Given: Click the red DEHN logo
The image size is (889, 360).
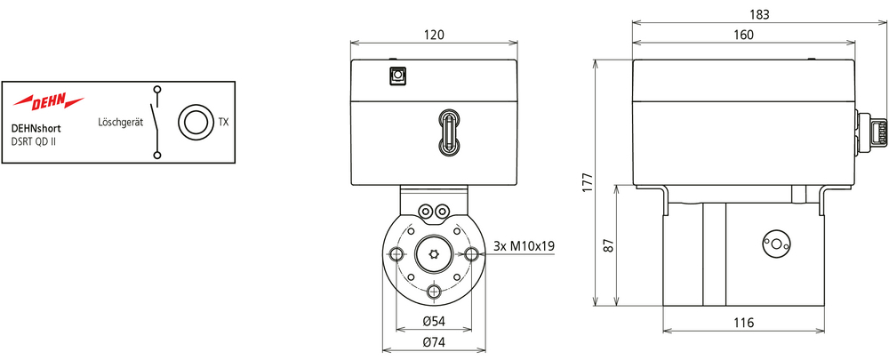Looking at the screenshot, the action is (x=48, y=101).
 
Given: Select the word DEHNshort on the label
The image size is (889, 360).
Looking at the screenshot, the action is (x=36, y=129).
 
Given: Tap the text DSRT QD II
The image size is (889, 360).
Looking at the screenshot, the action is (x=34, y=140).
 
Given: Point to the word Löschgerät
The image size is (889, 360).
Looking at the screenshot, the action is (x=120, y=123).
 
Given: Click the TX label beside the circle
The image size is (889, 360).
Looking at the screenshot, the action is (x=223, y=122).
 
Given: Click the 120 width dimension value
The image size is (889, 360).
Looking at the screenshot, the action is (x=434, y=35).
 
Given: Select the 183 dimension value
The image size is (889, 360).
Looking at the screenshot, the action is (x=759, y=13).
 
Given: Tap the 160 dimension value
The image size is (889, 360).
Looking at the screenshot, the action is (x=742, y=35).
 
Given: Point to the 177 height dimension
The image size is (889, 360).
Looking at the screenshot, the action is (x=588, y=182).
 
